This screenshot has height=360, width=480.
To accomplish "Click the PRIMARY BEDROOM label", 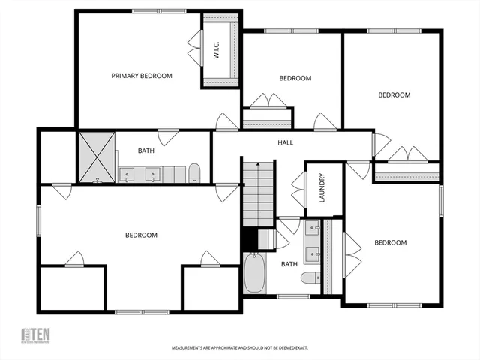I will [x=142, y=76].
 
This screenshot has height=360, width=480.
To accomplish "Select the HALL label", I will [x=285, y=142].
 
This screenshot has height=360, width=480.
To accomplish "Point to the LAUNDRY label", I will [x=321, y=189].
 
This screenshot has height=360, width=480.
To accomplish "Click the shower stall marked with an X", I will [x=97, y=157].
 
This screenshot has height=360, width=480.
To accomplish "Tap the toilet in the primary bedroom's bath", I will [x=195, y=173].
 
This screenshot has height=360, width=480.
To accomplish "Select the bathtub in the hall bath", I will [x=254, y=274].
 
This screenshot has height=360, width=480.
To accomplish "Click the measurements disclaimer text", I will [x=240, y=348].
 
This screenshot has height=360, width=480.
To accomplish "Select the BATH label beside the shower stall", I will [x=146, y=151].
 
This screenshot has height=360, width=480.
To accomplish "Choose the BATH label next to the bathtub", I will [x=289, y=264].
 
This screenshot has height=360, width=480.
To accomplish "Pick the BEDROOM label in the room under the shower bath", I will [x=141, y=235].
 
